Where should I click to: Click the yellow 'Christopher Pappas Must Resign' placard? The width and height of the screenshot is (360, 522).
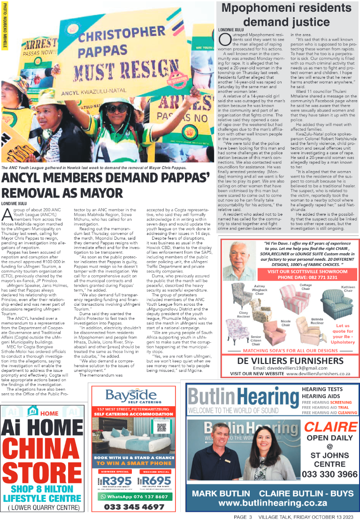point(117,51)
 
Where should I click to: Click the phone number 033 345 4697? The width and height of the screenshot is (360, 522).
point(134,507)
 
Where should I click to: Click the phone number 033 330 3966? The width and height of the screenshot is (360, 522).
point(329,475)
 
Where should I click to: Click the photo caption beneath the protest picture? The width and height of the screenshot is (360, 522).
point(94,167)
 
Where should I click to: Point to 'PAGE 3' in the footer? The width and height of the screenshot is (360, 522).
point(243,517)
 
